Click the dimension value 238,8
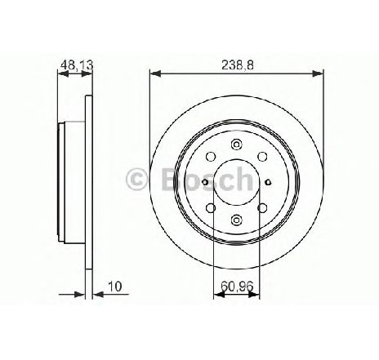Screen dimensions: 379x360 pyautogui.click(x=238, y=65)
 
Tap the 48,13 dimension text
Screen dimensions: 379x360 pyautogui.click(x=77, y=65)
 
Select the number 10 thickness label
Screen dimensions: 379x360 pyautogui.click(x=115, y=287)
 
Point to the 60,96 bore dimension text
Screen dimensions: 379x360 pyautogui.click(x=237, y=286)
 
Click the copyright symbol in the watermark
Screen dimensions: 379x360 pyautogui.click(x=136, y=179)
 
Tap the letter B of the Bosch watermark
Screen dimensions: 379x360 pyautogui.click(x=171, y=179)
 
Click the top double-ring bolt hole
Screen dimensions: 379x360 pyautogui.click(x=236, y=144)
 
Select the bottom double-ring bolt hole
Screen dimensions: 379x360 pyautogui.click(x=236, y=220)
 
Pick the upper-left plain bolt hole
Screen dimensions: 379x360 pyautogui.click(x=211, y=157)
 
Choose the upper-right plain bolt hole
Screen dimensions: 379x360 pyautogui.click(x=262, y=157)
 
